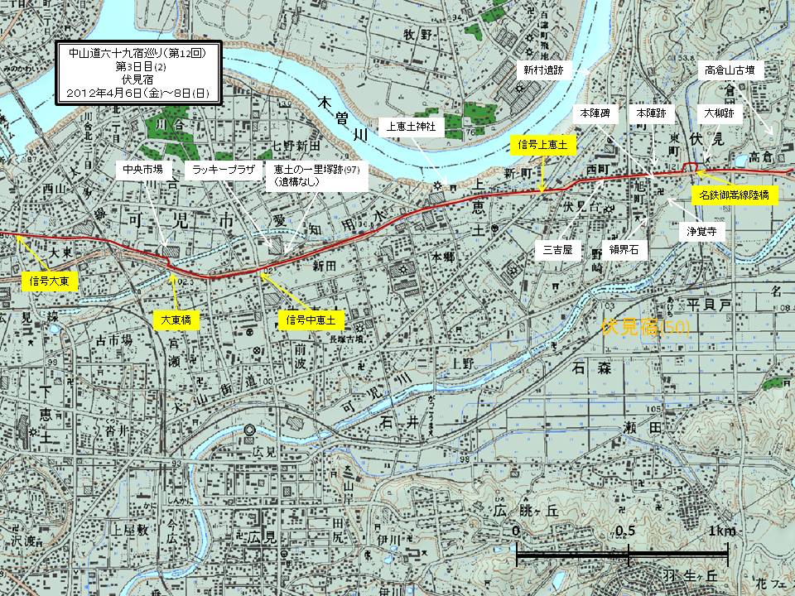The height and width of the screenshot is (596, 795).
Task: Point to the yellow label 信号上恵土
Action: [x=542, y=144]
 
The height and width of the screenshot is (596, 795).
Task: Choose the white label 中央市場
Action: [x=142, y=169]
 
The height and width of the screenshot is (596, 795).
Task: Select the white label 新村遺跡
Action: [x=542, y=72]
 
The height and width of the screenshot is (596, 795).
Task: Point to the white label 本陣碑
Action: [x=595, y=111]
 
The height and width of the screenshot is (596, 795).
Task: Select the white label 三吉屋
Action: [x=558, y=248]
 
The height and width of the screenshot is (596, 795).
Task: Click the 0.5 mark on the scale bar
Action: [x=628, y=530]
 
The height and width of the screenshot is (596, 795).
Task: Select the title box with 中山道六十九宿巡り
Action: [x=132, y=74]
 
